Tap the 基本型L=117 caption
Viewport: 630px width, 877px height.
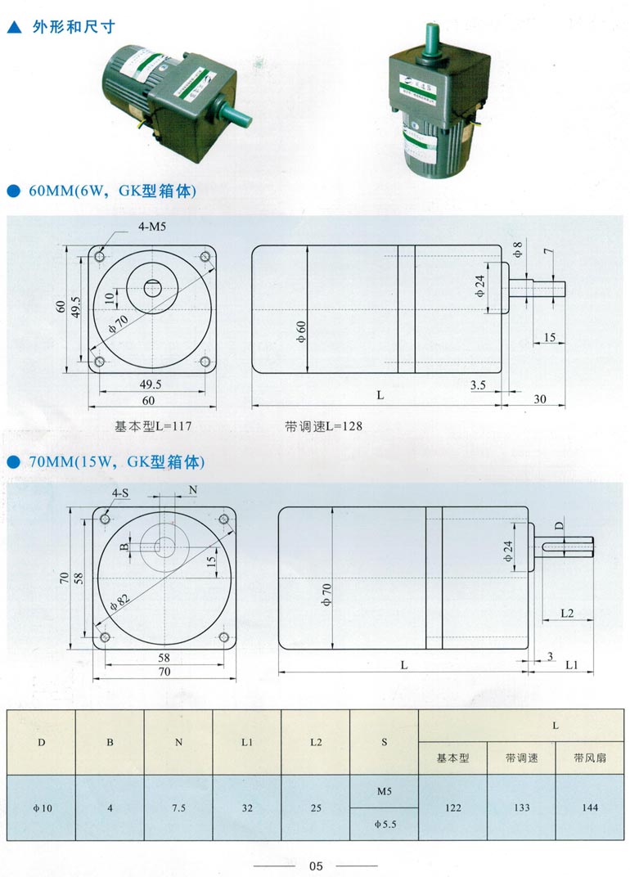pyautogui.click(x=154, y=426)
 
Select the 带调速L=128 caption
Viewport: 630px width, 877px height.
pyautogui.click(x=323, y=426)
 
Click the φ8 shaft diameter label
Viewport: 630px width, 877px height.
pyautogui.click(x=517, y=250)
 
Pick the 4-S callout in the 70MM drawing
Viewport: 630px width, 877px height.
pyautogui.click(x=120, y=492)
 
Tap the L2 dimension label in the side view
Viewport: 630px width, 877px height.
pyautogui.click(x=566, y=613)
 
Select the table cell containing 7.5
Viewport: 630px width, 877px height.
pyautogui.click(x=178, y=807)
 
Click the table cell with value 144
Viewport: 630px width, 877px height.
pyautogui.click(x=589, y=807)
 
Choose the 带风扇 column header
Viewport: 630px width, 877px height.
pyautogui.click(x=589, y=758)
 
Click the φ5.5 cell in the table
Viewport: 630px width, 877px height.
pyautogui.click(x=384, y=825)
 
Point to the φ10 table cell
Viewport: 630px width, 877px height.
pyautogui.click(x=42, y=807)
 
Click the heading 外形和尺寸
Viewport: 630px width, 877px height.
pyautogui.click(x=73, y=26)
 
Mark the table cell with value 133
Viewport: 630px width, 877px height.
pyautogui.click(x=521, y=807)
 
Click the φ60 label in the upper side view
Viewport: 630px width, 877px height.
pyautogui.click(x=301, y=331)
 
